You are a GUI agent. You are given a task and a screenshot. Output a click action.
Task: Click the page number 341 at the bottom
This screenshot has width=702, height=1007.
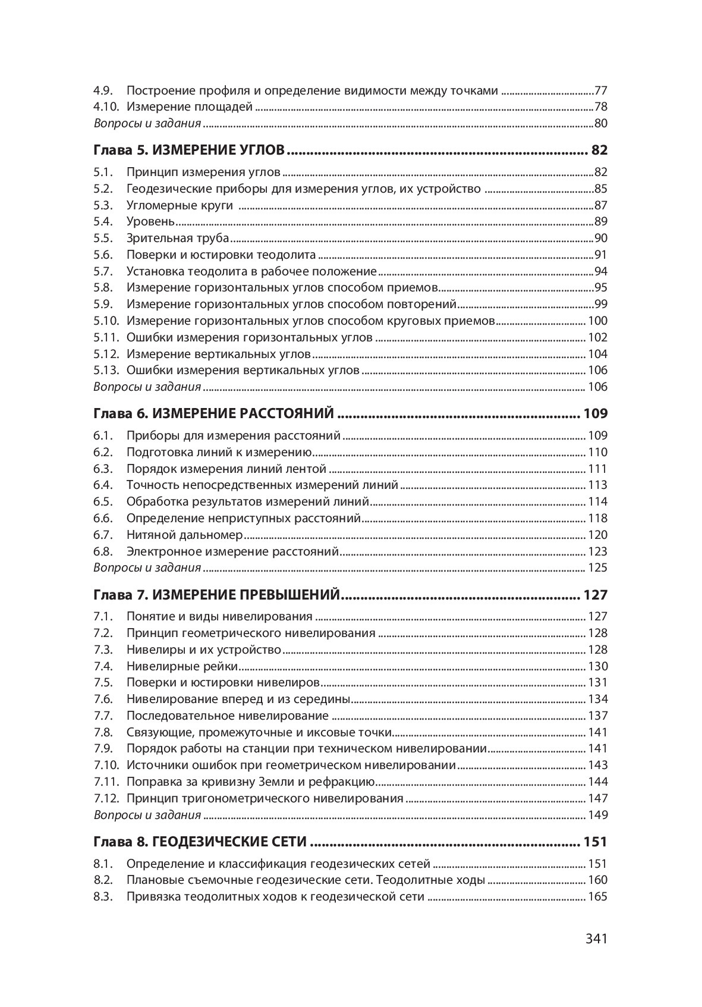pos(596,939)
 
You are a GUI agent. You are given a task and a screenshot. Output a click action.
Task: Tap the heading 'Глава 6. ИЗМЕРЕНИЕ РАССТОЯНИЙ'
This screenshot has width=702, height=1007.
pos(214,413)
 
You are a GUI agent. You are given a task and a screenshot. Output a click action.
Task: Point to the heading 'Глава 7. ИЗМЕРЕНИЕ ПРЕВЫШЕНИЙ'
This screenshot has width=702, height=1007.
pos(217,595)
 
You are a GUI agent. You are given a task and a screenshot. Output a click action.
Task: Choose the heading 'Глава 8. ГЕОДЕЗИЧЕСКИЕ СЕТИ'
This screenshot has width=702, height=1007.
pos(200,842)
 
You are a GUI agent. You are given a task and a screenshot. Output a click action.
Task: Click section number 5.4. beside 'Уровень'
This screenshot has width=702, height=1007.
pos(103,222)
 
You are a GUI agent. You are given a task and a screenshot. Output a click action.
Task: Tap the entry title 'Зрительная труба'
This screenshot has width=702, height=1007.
pos(178,239)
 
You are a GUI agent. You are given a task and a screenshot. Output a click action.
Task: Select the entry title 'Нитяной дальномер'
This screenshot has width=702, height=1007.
pos(185,535)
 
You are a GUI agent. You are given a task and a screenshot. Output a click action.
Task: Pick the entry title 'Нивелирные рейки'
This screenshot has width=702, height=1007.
pos(182,666)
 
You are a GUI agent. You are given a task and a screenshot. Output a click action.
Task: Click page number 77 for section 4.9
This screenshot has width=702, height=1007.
pos(600,91)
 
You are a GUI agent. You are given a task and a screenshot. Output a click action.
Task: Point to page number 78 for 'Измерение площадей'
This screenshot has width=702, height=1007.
pos(600,108)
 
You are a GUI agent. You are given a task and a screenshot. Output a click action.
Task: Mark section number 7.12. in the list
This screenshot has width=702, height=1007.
pos(106,798)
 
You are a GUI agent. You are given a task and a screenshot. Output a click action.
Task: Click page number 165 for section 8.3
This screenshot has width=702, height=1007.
pos(597,896)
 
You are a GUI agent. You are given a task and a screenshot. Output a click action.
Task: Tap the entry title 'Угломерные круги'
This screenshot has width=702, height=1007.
pos(180,205)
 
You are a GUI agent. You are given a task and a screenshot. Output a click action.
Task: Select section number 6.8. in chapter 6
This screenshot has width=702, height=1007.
pos(103,551)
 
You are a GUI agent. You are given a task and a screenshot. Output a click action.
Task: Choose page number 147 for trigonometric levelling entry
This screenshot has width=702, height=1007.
pos(597,798)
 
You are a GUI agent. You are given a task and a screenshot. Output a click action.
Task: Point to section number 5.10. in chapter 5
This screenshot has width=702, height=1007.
pos(106,321)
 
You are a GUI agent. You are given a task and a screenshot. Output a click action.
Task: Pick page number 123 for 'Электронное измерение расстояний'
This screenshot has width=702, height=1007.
pos(597,551)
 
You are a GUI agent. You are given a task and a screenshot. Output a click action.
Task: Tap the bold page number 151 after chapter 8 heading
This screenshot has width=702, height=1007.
pos(595,842)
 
